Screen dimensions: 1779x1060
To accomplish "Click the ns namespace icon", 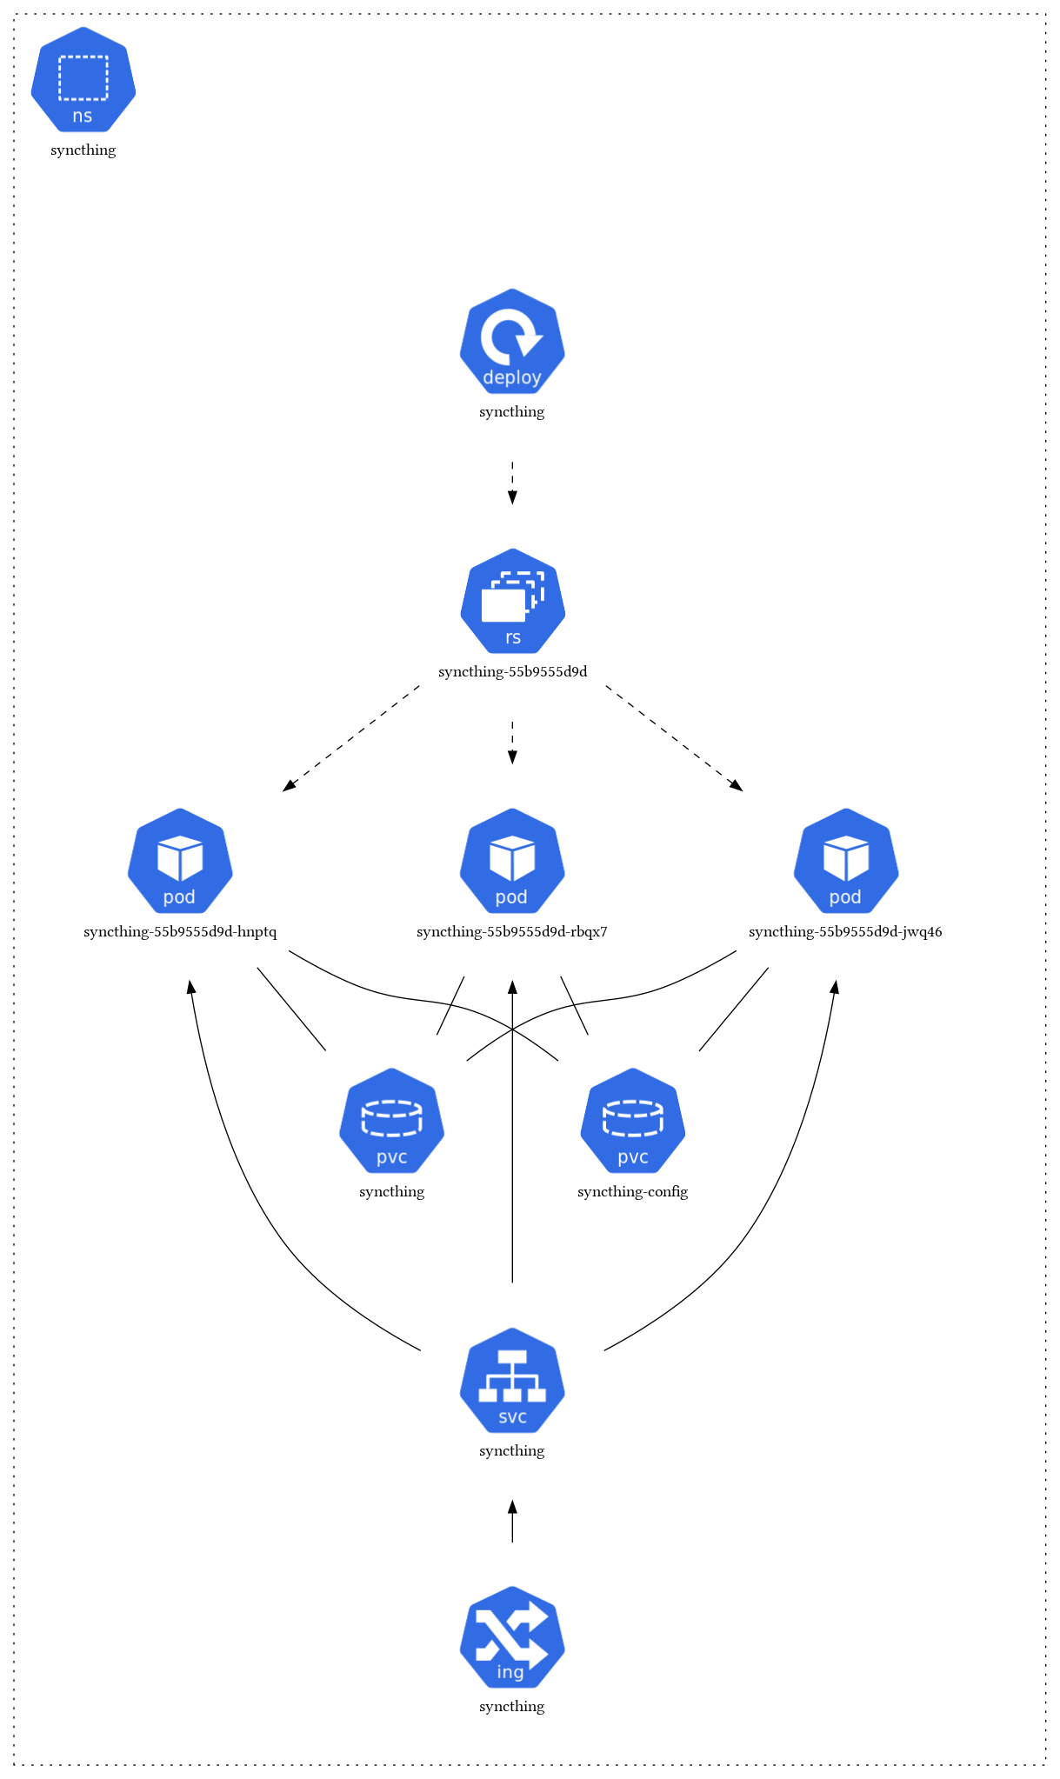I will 83,80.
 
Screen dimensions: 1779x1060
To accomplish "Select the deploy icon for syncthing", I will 512,342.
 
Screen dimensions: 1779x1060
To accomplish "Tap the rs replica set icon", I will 512,602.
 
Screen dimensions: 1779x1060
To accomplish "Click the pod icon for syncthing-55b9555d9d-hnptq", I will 180,862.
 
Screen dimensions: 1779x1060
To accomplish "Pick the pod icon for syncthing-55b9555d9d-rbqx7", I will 512,862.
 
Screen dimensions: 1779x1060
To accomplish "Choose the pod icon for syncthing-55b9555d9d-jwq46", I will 845,862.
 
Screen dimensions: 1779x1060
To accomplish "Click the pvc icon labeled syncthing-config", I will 632,1122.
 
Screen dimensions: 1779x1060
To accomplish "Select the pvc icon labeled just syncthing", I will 391,1122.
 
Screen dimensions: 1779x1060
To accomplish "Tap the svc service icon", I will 512,1381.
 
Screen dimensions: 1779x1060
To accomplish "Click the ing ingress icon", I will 512,1638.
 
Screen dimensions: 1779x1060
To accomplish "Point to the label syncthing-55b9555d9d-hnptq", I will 180,932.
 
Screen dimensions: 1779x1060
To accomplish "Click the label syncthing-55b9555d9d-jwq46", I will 845,932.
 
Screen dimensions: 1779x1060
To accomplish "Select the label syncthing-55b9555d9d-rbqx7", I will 512,932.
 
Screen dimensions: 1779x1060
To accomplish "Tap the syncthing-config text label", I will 632,1191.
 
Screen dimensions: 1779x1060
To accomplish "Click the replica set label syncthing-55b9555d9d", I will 512,672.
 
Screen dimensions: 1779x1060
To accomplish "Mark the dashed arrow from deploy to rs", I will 512,483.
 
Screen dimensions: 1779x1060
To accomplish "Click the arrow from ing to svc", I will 512,1522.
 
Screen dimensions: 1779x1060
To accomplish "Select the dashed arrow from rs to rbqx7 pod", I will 512,743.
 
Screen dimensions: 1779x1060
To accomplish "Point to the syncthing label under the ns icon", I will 83,150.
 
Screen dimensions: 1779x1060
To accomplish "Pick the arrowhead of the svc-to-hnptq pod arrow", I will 190,987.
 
